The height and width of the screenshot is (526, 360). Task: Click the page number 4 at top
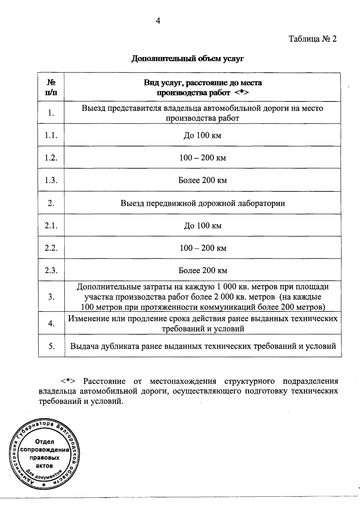(x=158, y=21)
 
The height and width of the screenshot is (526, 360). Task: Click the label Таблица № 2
(x=313, y=39)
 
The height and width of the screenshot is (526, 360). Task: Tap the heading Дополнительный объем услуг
(x=187, y=59)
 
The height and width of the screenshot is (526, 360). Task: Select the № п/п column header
(x=51, y=87)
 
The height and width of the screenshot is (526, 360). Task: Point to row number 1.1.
(x=51, y=135)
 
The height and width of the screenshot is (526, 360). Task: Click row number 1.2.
(x=51, y=158)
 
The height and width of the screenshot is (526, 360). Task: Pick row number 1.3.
(x=51, y=180)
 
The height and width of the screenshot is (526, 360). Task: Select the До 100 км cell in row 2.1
(x=202, y=226)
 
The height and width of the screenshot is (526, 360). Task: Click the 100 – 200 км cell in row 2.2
(x=203, y=248)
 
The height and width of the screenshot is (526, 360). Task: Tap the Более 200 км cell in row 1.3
(x=202, y=180)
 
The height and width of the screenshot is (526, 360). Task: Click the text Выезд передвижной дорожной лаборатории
(x=203, y=203)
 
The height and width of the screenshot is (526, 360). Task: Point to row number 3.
(x=51, y=297)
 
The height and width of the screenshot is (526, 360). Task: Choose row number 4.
(x=51, y=323)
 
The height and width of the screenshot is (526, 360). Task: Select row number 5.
(x=51, y=346)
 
